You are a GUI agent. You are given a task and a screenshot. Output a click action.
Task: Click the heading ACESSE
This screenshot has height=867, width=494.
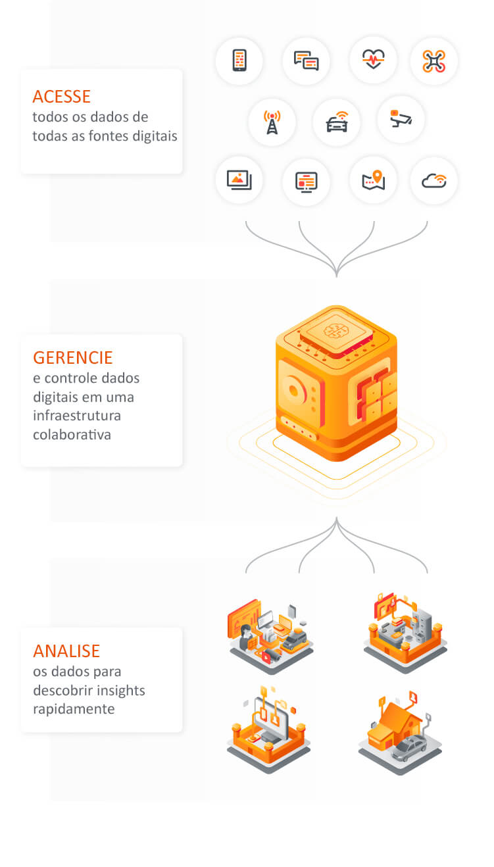click(x=61, y=97)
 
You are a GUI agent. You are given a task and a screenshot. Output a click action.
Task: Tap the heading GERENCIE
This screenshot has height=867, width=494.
click(x=73, y=358)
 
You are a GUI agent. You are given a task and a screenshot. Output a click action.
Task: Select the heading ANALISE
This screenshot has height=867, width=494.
click(x=66, y=651)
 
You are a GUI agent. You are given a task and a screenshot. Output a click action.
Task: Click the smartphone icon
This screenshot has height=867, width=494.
click(x=239, y=61)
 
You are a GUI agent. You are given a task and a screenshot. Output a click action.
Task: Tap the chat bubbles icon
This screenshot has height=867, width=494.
click(x=306, y=61)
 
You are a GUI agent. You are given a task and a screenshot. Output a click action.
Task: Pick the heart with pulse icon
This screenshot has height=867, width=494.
click(x=373, y=60)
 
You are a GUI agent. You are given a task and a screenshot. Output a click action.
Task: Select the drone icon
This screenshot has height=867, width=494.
click(x=433, y=61)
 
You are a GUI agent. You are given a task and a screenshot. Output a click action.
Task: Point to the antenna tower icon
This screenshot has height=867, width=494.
click(x=272, y=122)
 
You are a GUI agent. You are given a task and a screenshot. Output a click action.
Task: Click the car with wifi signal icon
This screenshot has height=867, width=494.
click(x=337, y=122)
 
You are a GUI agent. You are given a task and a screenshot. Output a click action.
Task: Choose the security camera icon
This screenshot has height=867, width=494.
click(x=401, y=119)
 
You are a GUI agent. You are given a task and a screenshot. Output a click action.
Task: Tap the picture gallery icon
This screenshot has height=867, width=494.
click(x=239, y=180)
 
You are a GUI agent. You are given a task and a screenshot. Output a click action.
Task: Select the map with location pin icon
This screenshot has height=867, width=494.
click(x=373, y=180)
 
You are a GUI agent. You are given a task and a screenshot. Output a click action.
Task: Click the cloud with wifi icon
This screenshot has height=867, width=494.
click(x=433, y=180)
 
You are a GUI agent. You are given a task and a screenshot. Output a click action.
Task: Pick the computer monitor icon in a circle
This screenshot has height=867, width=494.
click(x=306, y=182)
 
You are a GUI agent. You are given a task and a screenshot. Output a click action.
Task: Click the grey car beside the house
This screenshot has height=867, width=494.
click(x=409, y=749)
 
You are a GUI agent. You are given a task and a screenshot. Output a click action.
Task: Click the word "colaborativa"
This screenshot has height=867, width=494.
click(x=72, y=435)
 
